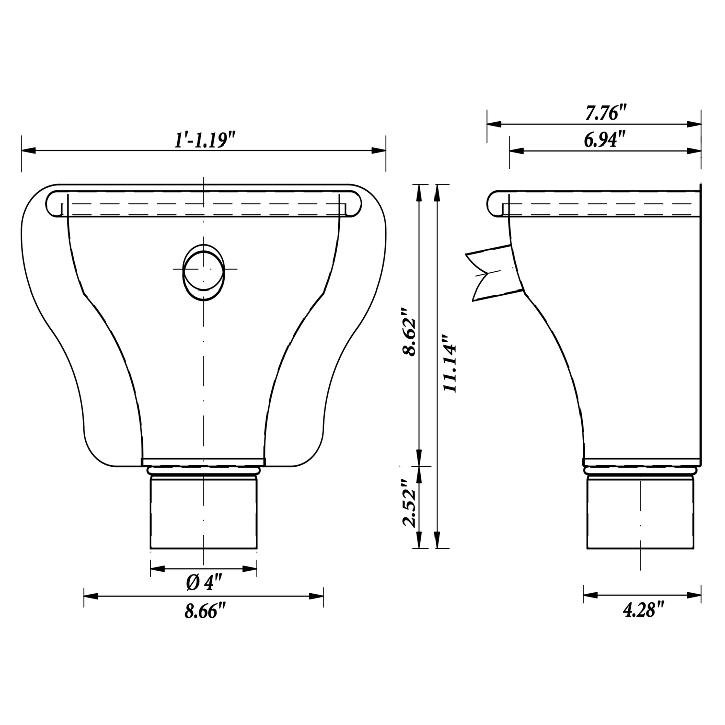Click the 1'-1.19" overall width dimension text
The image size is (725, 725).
[204, 140]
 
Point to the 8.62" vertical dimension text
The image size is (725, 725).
[408, 332]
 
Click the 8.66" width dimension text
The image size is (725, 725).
[205, 611]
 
